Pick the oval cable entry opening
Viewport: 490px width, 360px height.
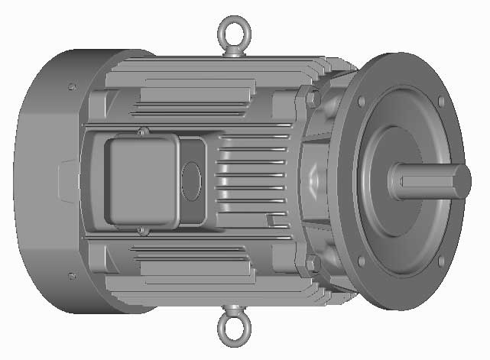pos(190,182)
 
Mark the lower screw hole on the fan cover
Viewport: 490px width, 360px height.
pos(72,275)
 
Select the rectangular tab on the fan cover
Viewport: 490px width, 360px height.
pos(67,181)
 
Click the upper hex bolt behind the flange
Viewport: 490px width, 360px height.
pos(312,99)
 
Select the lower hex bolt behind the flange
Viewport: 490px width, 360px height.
pos(312,264)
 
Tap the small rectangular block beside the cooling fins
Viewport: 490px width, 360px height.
pos(271,221)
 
